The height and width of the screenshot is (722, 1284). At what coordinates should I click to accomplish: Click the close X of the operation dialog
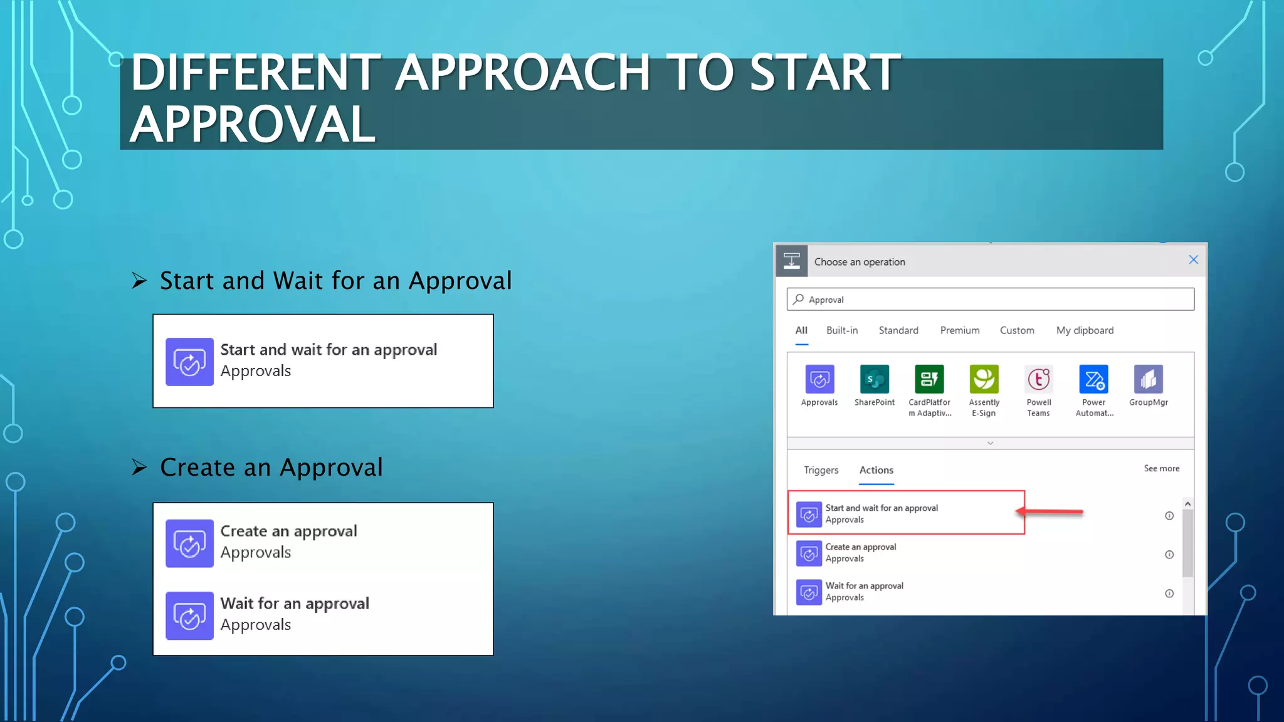pos(1193,260)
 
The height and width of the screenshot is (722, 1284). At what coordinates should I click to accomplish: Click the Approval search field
pos(991,300)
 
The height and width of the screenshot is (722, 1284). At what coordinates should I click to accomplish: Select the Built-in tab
pos(841,330)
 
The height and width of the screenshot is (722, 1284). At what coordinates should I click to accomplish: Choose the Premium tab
pos(959,330)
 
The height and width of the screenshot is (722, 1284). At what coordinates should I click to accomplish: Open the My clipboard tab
pos(1085,330)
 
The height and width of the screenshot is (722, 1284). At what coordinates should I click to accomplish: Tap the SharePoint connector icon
pos(874,379)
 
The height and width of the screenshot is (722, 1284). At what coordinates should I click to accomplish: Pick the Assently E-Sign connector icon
pos(984,379)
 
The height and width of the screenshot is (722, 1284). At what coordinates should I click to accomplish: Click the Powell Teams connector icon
pos(1038,379)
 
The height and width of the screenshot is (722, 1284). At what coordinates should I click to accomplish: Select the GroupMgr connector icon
pos(1148,379)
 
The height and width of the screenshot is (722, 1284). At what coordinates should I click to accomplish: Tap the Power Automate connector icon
pos(1093,379)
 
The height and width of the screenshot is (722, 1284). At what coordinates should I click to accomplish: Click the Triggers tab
pos(821,470)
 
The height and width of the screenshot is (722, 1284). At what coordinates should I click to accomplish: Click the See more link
pos(1161,468)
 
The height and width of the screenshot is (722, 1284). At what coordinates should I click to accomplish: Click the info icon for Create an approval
pos(1169,555)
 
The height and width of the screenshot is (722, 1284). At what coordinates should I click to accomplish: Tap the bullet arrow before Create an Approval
pos(139,468)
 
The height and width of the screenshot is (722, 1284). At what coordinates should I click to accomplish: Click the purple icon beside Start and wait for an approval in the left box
pos(189,362)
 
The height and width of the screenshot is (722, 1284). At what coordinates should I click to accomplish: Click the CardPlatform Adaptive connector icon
pos(929,379)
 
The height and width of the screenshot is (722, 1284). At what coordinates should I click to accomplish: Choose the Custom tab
pos(1016,330)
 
